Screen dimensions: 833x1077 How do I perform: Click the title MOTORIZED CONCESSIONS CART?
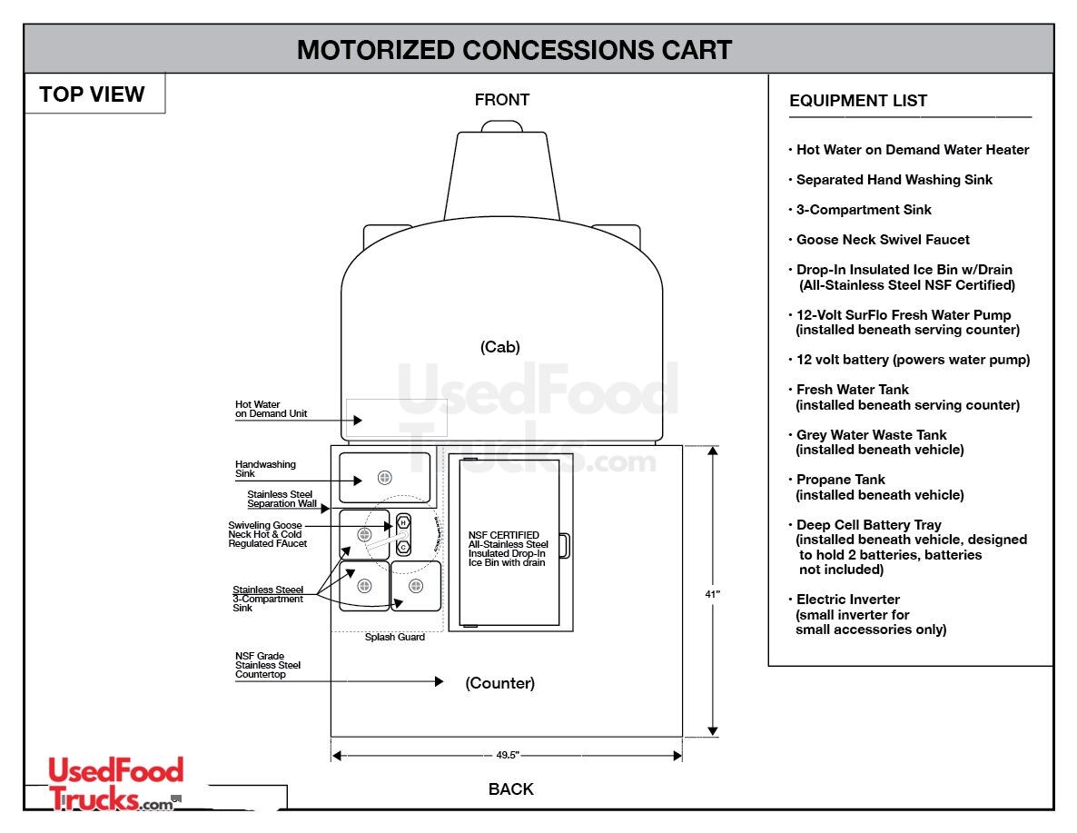tap(514, 50)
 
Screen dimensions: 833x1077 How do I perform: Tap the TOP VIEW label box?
tap(93, 94)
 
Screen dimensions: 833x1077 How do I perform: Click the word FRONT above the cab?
tap(501, 100)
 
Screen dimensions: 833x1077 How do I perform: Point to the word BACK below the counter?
tap(510, 789)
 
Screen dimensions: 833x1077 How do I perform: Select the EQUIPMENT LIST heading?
tap(858, 101)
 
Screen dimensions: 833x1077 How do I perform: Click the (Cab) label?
tap(500, 347)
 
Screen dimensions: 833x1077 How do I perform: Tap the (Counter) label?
tap(500, 683)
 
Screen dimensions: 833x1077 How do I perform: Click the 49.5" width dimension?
tap(506, 755)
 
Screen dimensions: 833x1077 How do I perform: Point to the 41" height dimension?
tap(712, 594)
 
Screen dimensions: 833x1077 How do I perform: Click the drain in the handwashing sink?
tap(384, 478)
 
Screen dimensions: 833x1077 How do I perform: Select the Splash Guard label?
tap(394, 637)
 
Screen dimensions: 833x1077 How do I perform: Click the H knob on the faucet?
tap(403, 523)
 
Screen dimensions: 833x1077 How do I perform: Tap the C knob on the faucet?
tap(403, 547)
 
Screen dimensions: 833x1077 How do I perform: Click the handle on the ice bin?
tap(564, 545)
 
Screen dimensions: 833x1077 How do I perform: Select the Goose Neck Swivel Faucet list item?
tap(882, 240)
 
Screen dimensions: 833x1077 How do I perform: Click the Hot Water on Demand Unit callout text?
tap(271, 409)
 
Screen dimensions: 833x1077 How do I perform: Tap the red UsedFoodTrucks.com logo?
tap(115, 784)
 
